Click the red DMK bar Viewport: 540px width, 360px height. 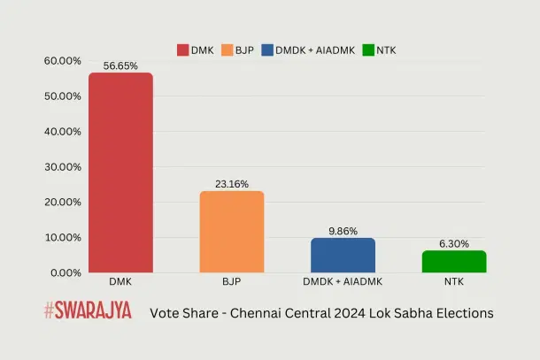[120, 172]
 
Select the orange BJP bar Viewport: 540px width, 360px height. [231, 232]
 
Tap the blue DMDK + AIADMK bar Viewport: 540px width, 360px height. [343, 255]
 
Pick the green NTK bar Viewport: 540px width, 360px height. [454, 261]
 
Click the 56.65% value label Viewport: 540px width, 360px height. [120, 65]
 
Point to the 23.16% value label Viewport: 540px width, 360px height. [231, 184]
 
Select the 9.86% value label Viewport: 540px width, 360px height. [343, 231]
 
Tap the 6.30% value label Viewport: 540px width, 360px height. [454, 243]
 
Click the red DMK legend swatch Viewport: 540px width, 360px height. [183, 50]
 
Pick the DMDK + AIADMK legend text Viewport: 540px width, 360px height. [317, 50]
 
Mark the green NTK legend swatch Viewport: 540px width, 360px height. [367, 50]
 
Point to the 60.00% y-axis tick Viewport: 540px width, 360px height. [62, 60]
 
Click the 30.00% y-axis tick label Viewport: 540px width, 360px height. [62, 166]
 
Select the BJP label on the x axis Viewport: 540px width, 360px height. [231, 283]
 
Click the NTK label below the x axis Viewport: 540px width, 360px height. [454, 283]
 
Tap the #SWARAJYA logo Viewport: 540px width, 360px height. [87, 311]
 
